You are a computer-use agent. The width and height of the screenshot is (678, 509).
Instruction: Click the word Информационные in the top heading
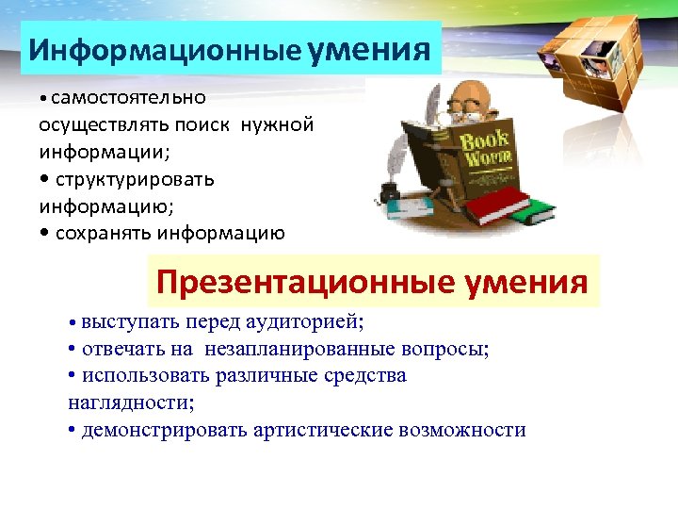(x=164, y=49)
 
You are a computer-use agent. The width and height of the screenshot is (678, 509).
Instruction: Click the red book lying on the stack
(x=497, y=202)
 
